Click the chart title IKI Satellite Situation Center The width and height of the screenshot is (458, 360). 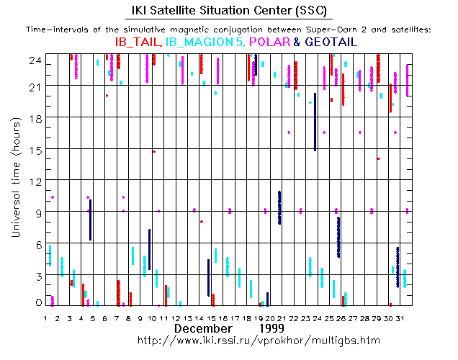click(228, 10)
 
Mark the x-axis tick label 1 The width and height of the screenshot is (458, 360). click(45, 318)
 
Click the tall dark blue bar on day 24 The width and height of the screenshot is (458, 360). click(315, 122)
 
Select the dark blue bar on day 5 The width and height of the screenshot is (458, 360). click(90, 220)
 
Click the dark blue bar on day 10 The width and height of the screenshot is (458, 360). click(149, 249)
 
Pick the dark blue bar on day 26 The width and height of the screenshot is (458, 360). click(338, 237)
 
